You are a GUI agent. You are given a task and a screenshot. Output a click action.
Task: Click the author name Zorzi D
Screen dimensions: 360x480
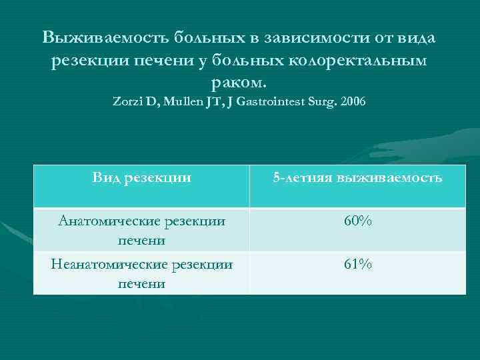[135, 103]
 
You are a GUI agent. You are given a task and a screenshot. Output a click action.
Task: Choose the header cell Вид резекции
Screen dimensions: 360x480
[142, 177]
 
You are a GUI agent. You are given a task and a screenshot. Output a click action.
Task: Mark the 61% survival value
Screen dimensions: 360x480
[358, 265]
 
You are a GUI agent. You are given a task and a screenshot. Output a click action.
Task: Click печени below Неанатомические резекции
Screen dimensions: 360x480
[142, 283]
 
